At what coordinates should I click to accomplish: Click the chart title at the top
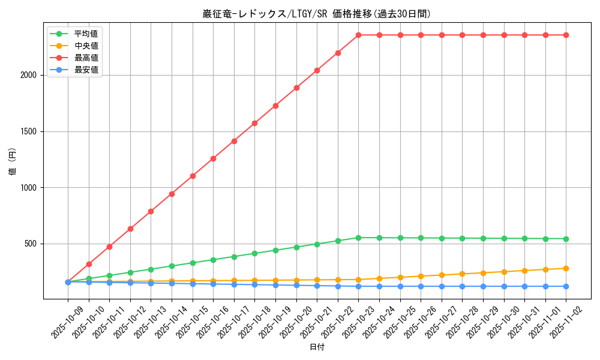(x=317, y=14)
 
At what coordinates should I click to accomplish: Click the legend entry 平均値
(x=86, y=34)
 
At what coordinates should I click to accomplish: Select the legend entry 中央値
(x=86, y=46)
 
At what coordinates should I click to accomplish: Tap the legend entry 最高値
(x=86, y=58)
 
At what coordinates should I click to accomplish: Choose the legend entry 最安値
(x=86, y=70)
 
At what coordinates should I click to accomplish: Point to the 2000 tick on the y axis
(x=28, y=75)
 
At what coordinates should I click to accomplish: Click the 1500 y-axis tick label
(x=28, y=131)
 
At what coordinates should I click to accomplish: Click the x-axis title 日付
(x=317, y=347)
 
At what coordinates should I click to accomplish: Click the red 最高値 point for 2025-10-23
(x=359, y=35)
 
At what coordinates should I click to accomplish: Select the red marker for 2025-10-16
(x=213, y=158)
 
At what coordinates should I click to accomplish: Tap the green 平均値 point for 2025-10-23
(x=359, y=238)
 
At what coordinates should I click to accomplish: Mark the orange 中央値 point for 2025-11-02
(x=566, y=268)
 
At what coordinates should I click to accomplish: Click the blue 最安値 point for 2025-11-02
(x=566, y=286)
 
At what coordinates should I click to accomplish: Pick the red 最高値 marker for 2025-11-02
(x=566, y=35)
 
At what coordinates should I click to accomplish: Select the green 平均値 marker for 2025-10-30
(x=504, y=238)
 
